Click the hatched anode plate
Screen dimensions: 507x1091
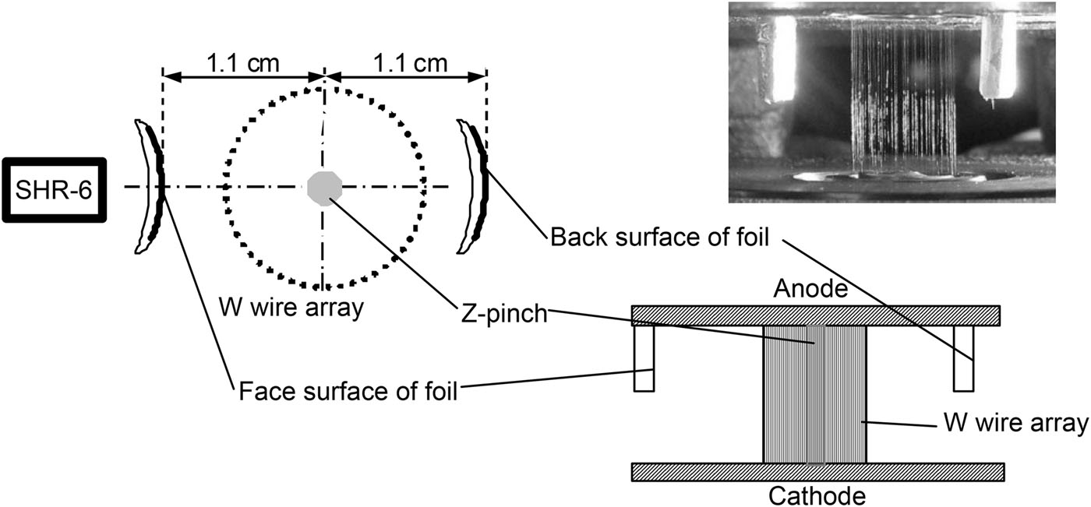tap(815, 315)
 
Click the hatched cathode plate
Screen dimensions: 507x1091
tap(817, 471)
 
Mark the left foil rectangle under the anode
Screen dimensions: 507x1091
tap(643, 358)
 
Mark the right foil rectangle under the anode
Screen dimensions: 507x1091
tap(964, 358)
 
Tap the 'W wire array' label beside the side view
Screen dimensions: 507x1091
tap(1011, 424)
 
